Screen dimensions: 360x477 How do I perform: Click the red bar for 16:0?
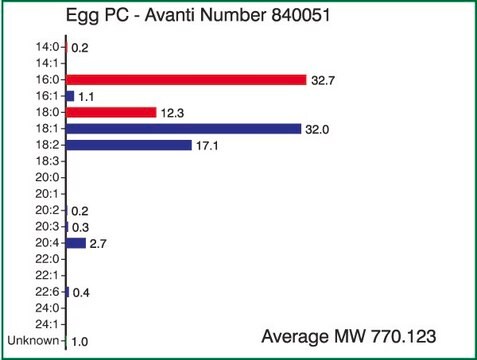coord(186,79)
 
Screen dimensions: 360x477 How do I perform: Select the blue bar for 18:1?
coord(183,128)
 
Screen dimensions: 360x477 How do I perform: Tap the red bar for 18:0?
coord(111,112)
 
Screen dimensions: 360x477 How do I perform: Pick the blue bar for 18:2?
coord(128,145)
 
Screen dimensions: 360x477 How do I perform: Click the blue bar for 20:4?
coord(76,242)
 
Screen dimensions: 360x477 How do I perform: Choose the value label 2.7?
coord(99,243)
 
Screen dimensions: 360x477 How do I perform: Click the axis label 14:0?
coord(47,47)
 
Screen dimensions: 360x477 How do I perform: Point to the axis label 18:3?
coord(47,161)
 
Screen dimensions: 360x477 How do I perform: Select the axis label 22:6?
coord(47,291)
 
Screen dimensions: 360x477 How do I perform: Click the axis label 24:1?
coord(47,324)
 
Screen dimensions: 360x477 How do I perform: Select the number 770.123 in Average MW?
coord(400,336)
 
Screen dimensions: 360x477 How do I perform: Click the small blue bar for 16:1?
coord(70,96)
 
